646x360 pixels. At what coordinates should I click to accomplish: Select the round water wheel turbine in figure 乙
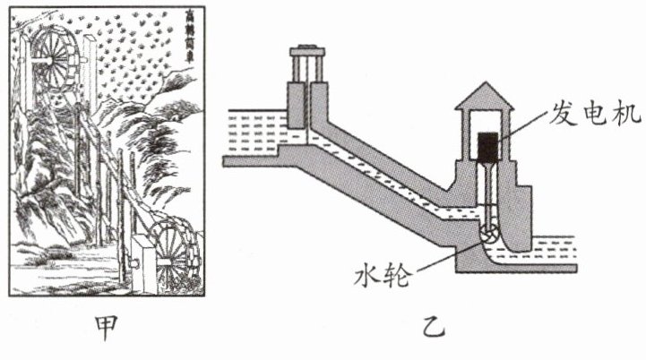tap(489, 236)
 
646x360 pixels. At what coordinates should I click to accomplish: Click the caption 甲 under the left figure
tap(107, 329)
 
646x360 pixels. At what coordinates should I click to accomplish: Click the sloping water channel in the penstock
tap(385, 183)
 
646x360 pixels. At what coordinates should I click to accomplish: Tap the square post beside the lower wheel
tap(141, 259)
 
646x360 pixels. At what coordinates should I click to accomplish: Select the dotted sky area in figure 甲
tap(134, 63)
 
